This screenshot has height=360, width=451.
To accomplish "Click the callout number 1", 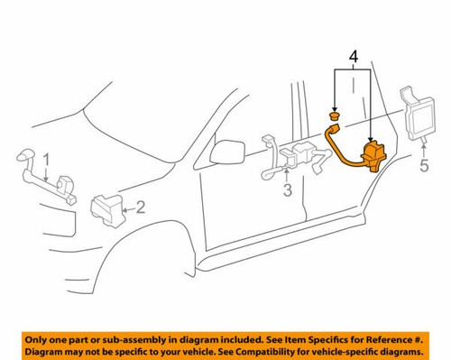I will click(x=47, y=162).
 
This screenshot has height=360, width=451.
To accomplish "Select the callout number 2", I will click(x=142, y=208).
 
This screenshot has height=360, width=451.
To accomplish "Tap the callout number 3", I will click(x=287, y=190).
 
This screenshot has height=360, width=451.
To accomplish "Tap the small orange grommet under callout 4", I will click(x=335, y=116).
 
